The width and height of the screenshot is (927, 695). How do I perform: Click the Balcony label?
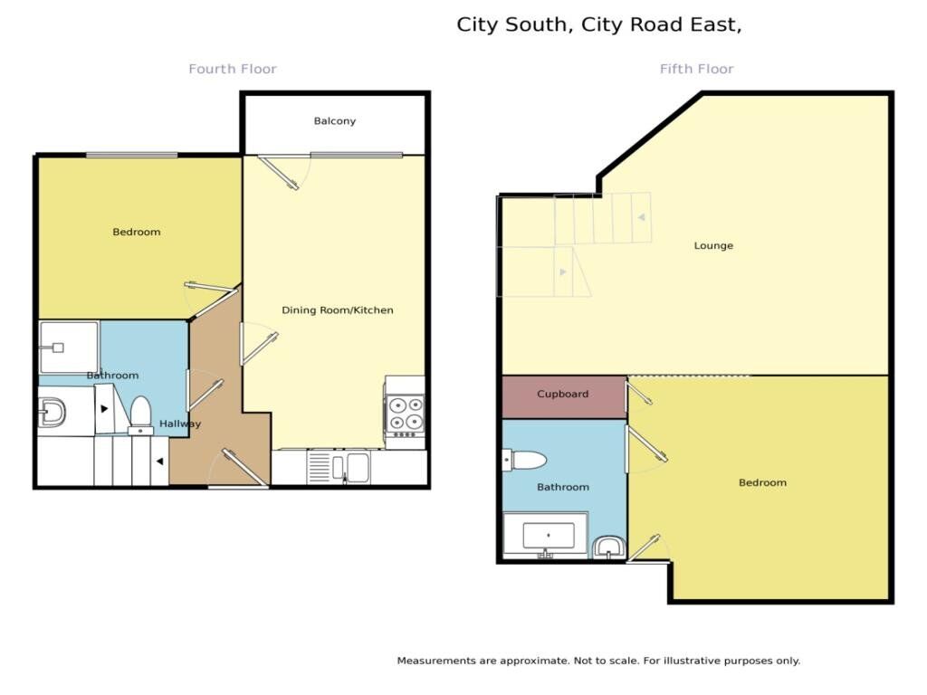335,121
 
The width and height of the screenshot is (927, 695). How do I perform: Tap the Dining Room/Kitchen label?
338,310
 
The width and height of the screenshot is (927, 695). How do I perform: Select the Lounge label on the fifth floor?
713,246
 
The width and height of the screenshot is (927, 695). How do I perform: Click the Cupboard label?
563,395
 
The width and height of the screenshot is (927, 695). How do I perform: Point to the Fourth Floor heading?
233,69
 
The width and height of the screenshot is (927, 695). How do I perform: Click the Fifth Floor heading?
696,69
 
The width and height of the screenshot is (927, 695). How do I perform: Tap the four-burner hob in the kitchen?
405,413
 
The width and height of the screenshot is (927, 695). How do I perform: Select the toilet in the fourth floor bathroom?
140,414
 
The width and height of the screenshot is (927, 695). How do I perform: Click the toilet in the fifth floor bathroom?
526,461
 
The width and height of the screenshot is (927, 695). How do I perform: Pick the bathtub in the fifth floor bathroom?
546,535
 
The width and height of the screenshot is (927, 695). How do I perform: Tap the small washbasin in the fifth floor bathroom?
608,547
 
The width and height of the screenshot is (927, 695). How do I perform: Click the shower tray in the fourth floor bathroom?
68,347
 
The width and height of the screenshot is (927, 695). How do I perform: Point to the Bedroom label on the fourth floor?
137,233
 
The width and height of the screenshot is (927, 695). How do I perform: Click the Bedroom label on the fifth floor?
762,483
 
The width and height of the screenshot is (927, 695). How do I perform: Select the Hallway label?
180,424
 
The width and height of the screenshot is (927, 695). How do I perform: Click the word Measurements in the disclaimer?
436,662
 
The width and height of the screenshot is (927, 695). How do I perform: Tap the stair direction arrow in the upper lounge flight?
641,218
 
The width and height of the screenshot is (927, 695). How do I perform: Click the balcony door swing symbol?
280,172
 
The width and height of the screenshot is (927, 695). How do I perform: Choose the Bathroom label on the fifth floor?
563,488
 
